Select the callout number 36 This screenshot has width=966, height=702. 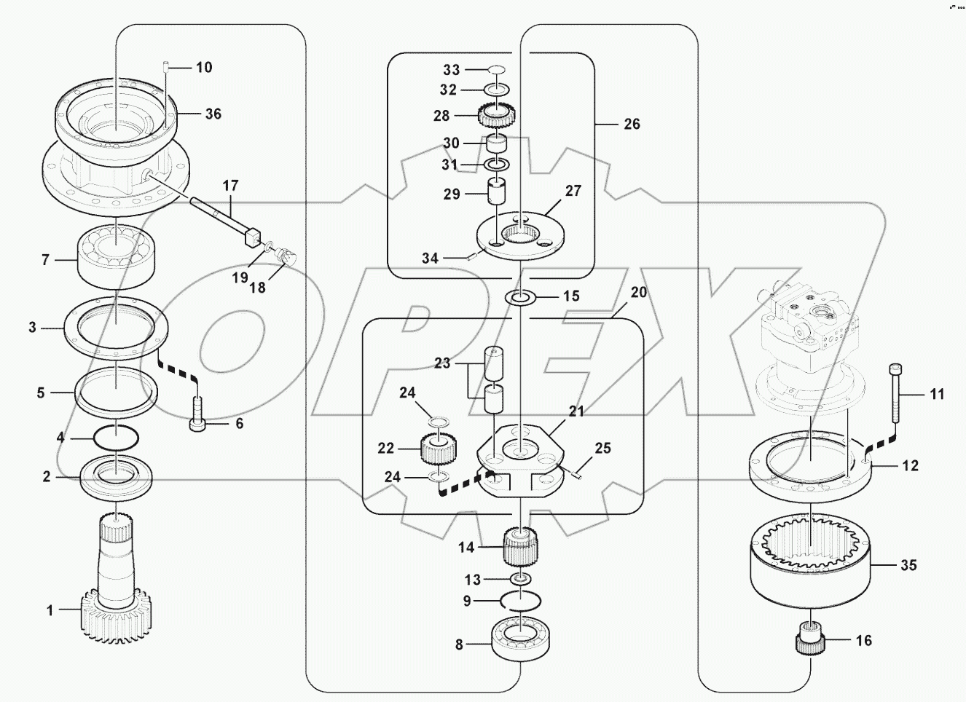click(213, 114)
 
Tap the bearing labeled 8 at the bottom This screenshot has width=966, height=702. click(521, 637)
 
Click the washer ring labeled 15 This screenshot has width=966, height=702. click(521, 297)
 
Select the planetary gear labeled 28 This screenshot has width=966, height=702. click(498, 115)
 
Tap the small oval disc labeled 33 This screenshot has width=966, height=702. click(497, 69)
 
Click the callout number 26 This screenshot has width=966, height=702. click(632, 124)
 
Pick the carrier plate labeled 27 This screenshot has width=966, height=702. click(519, 234)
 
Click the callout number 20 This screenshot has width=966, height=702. click(638, 292)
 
